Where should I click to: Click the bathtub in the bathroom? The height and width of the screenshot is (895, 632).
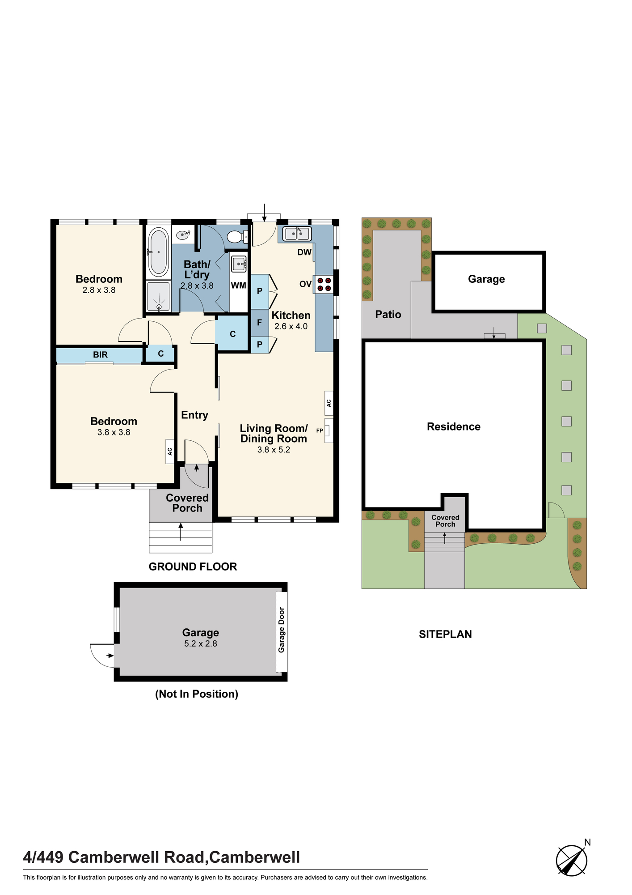158,252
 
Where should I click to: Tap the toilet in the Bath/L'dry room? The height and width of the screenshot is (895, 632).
237,237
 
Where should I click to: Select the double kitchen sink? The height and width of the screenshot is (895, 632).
297,234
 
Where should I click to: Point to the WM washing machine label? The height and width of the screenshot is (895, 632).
239,286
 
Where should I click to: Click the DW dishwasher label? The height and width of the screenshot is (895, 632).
304,252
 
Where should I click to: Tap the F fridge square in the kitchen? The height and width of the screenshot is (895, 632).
260,322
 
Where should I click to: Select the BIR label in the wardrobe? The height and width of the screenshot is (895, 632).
100,355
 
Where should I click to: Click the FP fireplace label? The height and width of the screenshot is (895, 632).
320,430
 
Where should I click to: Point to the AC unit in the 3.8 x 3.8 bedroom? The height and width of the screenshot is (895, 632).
170,451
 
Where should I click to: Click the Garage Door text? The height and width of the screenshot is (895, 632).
282,630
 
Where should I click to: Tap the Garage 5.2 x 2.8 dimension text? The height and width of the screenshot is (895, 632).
201,644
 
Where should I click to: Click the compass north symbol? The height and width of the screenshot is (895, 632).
572,859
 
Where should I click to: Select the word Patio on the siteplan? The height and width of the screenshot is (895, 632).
388,315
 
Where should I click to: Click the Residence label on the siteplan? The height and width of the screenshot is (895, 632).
454,427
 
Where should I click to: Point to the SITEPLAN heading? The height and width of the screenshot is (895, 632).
445,634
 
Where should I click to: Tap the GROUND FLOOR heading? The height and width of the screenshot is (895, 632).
193,567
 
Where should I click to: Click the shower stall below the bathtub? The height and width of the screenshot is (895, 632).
159,296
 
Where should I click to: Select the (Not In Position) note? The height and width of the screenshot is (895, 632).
197,694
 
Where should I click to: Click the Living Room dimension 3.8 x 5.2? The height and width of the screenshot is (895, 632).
274,450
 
